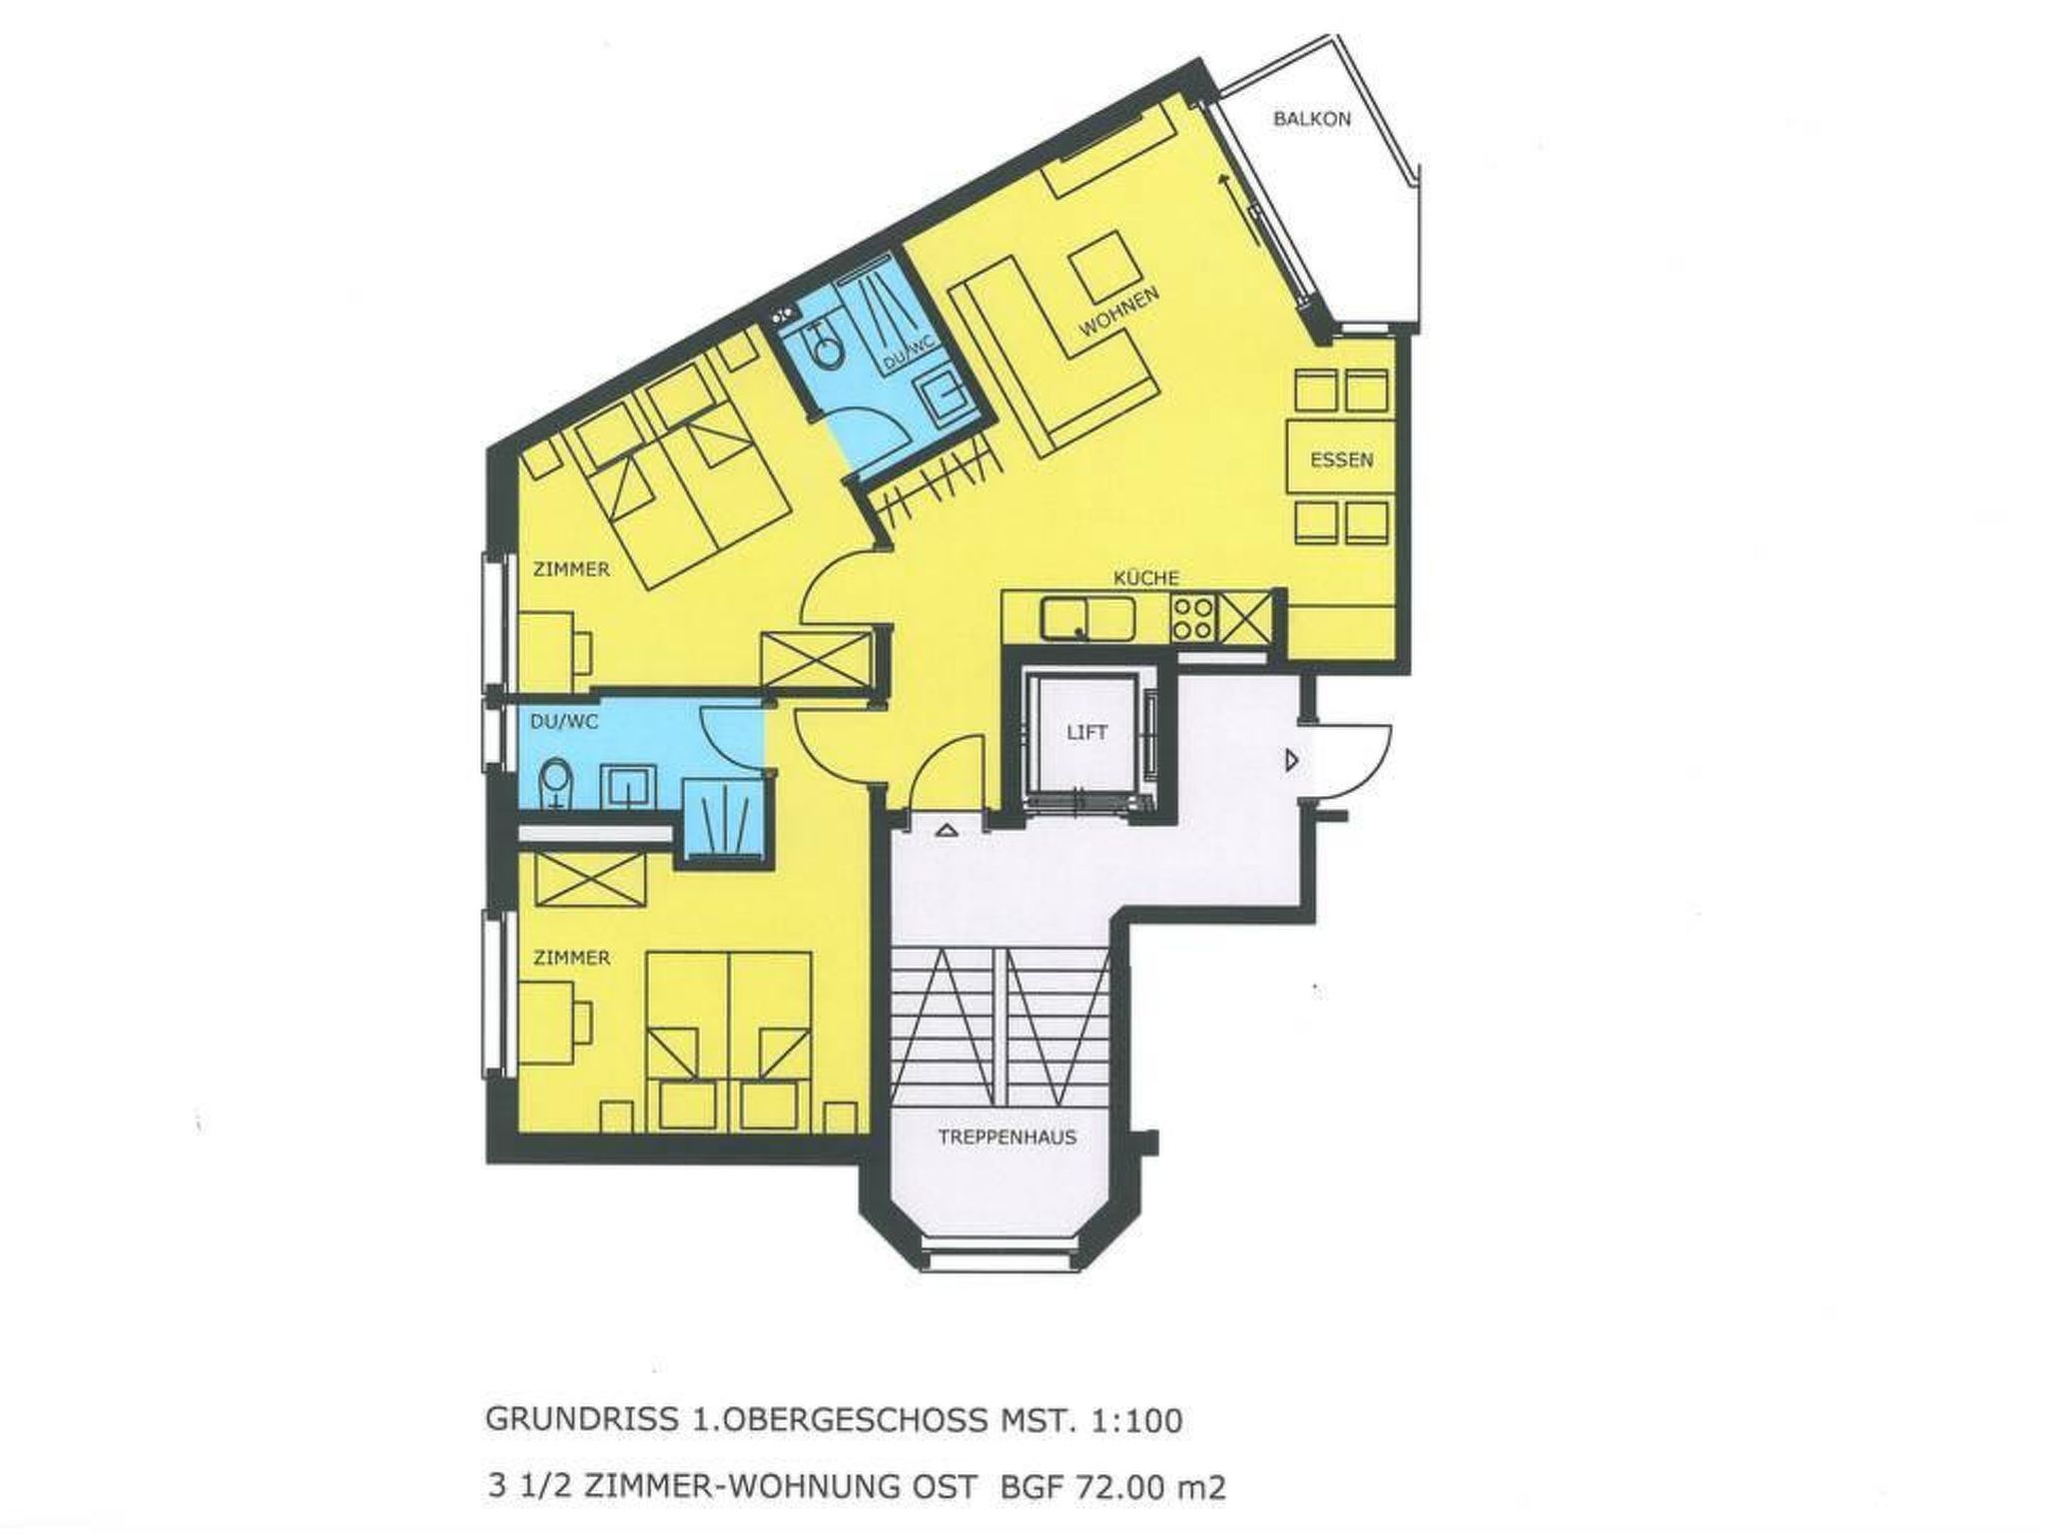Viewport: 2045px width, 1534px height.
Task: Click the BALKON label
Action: [1312, 119]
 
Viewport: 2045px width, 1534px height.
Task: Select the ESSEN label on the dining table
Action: [1342, 460]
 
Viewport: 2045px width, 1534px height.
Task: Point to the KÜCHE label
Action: [1146, 577]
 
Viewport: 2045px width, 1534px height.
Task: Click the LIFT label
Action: [1086, 732]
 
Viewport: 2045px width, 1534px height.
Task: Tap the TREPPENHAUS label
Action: [1007, 1137]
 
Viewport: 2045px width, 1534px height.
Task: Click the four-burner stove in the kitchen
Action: [1193, 617]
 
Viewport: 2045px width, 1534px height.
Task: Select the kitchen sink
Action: [1087, 618]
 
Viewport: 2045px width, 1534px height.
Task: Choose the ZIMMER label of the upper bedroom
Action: [571, 569]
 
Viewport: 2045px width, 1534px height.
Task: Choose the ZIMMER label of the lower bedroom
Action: [571, 958]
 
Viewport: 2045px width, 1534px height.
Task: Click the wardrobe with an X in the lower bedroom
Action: [589, 880]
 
